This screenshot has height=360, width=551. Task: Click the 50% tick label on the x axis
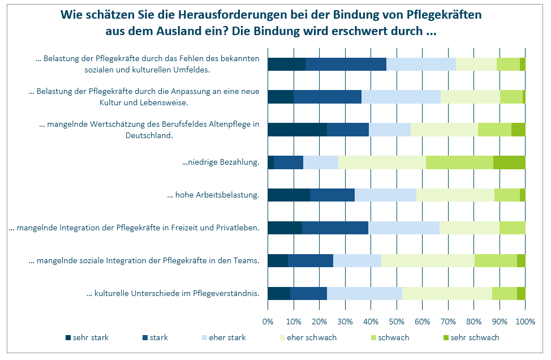(x=397, y=322)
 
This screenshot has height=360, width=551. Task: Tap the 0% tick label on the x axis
(x=268, y=322)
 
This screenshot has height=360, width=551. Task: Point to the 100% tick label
(x=525, y=322)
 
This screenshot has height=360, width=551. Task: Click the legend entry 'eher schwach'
(x=312, y=338)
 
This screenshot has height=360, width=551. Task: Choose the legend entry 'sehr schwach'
(x=475, y=338)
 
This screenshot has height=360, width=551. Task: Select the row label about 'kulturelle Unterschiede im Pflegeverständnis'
(x=173, y=293)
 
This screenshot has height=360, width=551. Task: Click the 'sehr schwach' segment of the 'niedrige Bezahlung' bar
(x=509, y=162)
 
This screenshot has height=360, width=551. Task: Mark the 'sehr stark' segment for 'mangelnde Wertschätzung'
(x=297, y=130)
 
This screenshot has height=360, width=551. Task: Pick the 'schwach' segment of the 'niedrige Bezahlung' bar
(x=459, y=162)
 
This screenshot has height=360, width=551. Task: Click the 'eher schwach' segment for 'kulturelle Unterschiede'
(x=447, y=293)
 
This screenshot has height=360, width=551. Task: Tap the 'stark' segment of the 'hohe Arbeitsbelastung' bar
(x=332, y=195)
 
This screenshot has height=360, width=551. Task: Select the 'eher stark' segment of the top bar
(x=421, y=64)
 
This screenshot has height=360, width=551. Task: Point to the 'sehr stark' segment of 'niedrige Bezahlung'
(x=270, y=162)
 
